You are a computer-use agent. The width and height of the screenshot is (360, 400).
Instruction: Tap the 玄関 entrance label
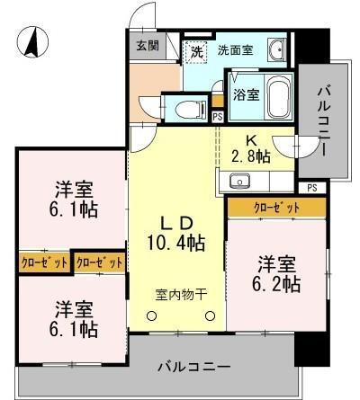point(147,46)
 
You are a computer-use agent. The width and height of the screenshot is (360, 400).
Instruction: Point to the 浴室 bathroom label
point(247,94)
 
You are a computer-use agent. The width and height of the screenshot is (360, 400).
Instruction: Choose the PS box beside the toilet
point(218,115)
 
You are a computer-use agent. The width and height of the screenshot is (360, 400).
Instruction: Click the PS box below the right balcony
point(311,188)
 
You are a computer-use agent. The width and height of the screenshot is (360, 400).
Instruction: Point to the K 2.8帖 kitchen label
point(251,148)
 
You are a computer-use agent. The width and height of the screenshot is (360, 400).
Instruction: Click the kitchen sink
point(240,182)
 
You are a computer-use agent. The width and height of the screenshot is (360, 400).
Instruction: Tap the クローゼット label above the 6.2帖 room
point(276,208)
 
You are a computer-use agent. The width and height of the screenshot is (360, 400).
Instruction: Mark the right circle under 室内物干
point(209,316)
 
